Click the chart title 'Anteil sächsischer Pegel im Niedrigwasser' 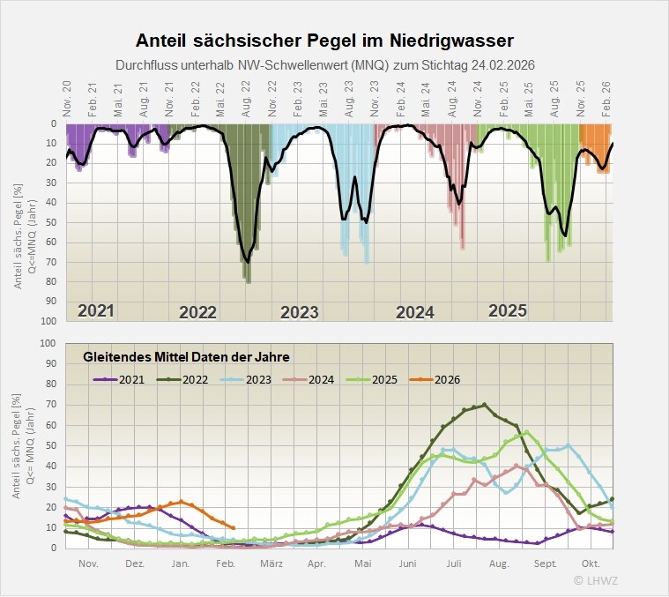point(324,41)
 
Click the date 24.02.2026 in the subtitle point(500,65)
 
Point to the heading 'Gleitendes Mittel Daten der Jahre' point(186,357)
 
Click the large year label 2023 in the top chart point(299,312)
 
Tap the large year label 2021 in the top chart point(96,310)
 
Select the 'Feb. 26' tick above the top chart point(606,96)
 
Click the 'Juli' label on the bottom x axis point(454,563)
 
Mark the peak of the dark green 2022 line point(484,406)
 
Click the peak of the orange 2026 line point(181,501)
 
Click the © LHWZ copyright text point(597,579)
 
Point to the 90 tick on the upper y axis point(51,302)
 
